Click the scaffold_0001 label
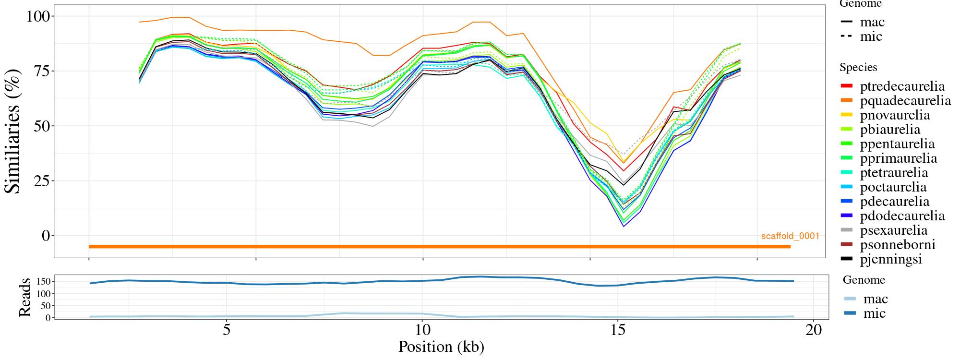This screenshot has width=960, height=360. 790,236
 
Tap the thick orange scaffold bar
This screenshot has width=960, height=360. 439,247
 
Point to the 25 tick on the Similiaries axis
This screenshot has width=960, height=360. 42,181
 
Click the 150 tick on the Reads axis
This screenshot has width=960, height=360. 43,281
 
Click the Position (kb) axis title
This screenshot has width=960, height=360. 441,347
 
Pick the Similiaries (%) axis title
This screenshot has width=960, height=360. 13,131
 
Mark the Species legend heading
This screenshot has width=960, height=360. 858,68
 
